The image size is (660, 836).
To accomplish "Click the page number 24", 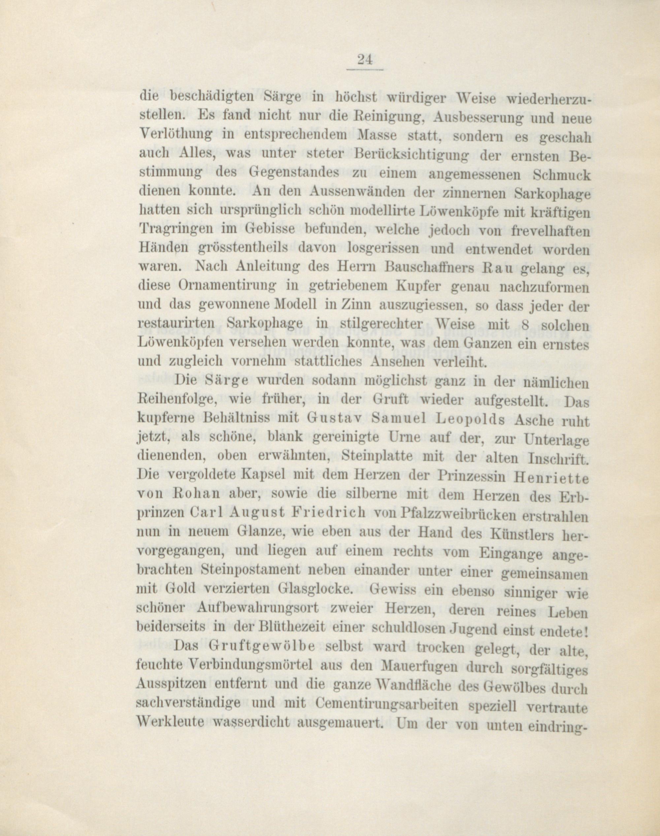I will tap(365, 60).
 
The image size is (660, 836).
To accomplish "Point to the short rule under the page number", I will tap(365, 70).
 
